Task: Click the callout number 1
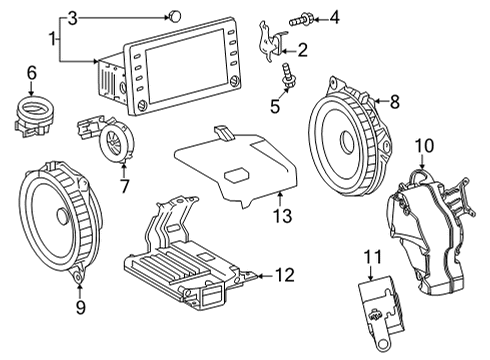pos(53,39)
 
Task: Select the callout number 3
pos(71,17)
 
